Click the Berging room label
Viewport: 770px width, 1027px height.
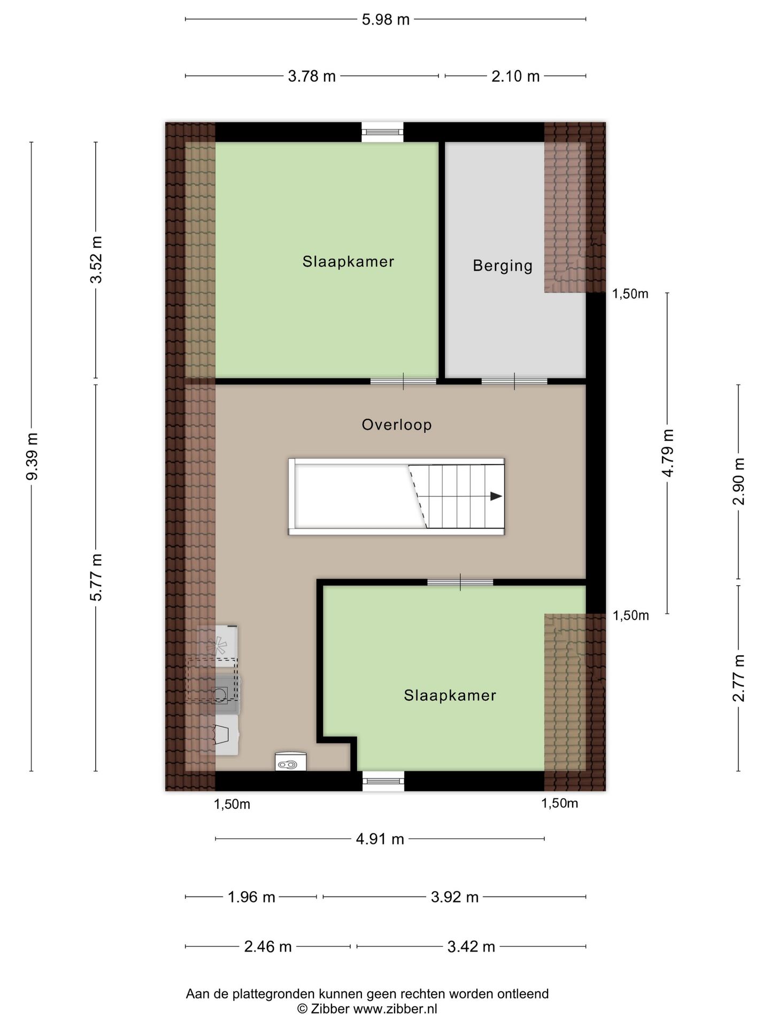coord(502,266)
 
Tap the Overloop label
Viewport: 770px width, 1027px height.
coord(397,425)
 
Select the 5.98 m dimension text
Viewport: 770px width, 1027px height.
coord(386,20)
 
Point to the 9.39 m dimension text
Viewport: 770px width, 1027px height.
coord(33,456)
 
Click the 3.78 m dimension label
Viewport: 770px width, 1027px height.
coord(312,76)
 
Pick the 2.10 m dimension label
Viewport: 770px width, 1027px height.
coord(515,76)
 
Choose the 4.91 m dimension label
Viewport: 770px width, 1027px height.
coord(380,839)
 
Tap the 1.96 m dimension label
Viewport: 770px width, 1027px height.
coord(251,897)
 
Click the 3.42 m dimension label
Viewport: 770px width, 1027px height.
coord(471,947)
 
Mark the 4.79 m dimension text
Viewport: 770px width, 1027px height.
coord(667,453)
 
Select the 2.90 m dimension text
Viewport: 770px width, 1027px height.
coord(738,481)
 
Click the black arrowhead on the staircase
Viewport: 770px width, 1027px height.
coord(496,496)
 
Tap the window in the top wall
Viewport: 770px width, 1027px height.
coord(382,132)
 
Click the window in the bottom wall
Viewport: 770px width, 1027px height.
coord(383,781)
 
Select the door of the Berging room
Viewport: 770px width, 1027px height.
coord(514,381)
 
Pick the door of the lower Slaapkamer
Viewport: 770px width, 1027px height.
coord(460,583)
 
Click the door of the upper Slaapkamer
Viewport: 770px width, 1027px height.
coord(404,381)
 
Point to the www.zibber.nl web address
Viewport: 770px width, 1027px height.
coord(395,1009)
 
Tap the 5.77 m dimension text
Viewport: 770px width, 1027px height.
coord(96,578)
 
